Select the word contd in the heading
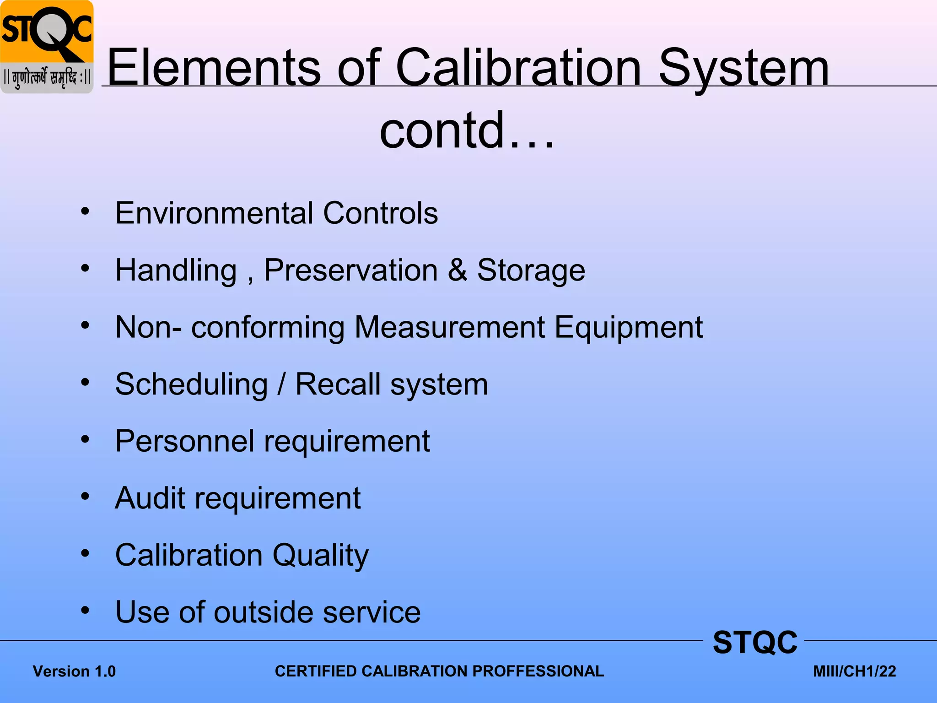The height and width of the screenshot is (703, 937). (x=442, y=130)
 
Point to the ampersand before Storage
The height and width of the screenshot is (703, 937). (x=458, y=270)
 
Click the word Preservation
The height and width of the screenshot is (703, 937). (x=351, y=270)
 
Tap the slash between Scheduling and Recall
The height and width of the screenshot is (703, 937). (x=282, y=384)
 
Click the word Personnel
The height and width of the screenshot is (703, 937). (x=184, y=441)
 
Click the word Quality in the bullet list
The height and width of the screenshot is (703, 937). (x=320, y=556)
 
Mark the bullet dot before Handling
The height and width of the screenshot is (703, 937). (x=85, y=268)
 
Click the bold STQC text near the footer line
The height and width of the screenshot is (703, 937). (x=755, y=643)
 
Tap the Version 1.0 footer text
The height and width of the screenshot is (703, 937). (x=74, y=671)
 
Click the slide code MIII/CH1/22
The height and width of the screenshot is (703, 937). (x=854, y=671)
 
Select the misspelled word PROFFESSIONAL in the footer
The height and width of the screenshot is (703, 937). (x=538, y=671)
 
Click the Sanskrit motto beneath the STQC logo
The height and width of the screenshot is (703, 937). (x=47, y=78)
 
